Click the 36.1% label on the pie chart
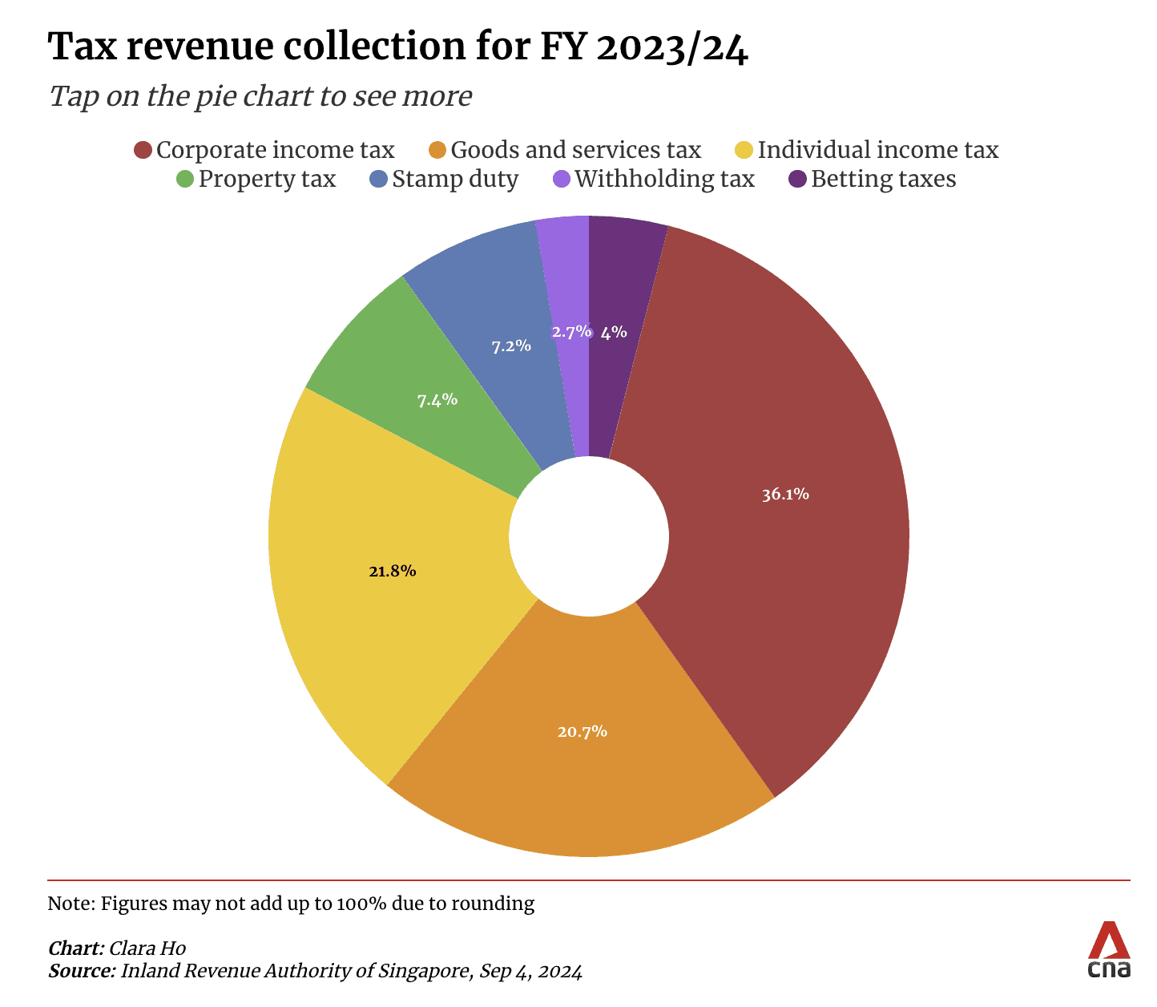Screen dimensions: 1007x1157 click(785, 495)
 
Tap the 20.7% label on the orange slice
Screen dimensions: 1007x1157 click(583, 731)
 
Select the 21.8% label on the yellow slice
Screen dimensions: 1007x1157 click(392, 571)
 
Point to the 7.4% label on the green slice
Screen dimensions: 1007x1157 click(437, 399)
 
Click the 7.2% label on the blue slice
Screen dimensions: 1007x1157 click(511, 346)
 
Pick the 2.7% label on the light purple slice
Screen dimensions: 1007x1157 click(570, 331)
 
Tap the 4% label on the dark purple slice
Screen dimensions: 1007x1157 click(614, 332)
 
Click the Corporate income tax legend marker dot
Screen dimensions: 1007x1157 click(143, 151)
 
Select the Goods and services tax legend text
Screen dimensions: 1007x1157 click(575, 151)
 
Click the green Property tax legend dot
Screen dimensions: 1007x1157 click(185, 179)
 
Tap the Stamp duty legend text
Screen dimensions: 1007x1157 click(455, 179)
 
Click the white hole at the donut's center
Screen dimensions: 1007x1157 click(589, 536)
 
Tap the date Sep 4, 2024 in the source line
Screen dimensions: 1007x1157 click(530, 971)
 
